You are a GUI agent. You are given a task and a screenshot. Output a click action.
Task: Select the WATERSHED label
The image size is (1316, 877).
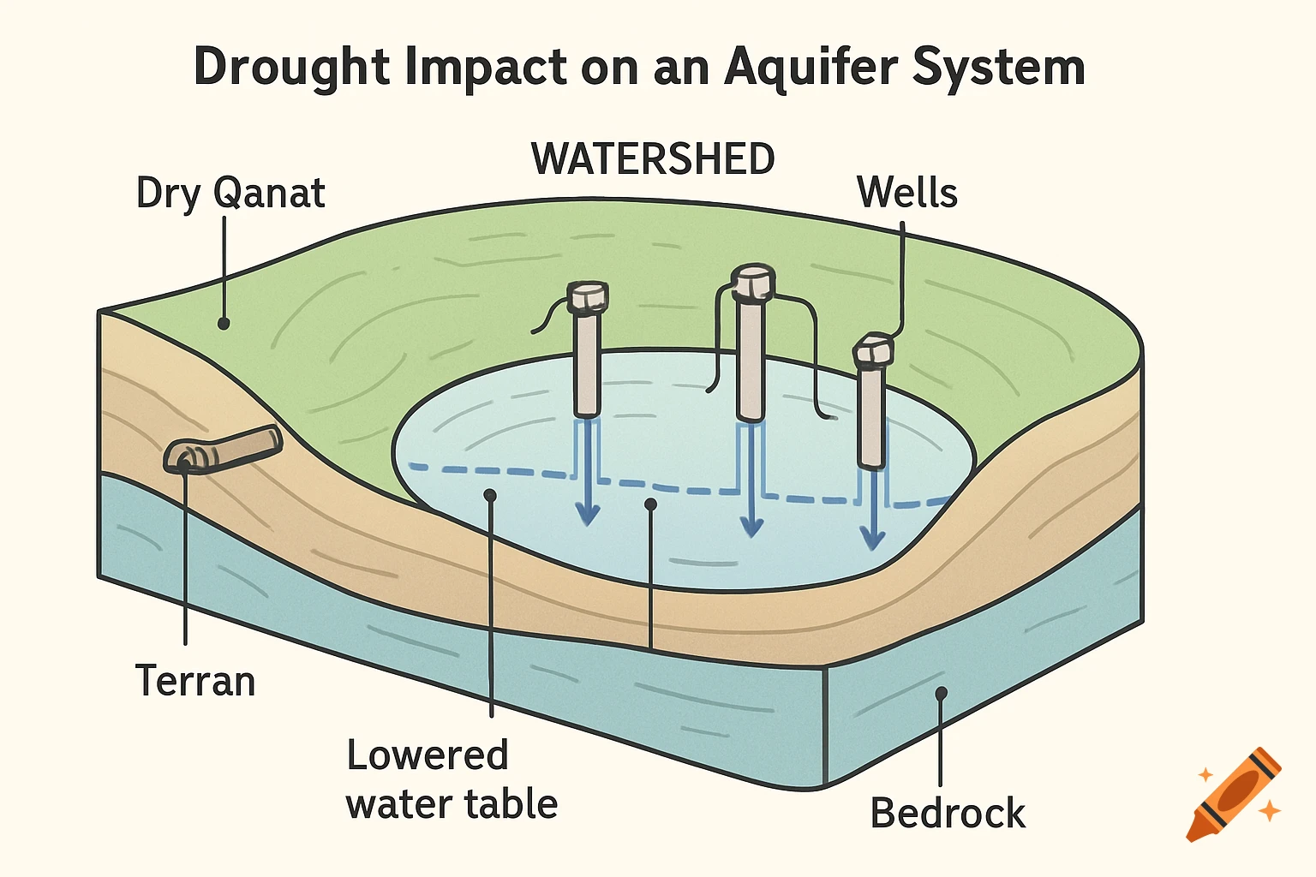coord(653,159)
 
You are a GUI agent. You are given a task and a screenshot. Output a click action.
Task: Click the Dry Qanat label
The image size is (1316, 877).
coord(230,193)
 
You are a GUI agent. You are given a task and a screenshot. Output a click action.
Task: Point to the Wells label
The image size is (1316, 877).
coord(906,193)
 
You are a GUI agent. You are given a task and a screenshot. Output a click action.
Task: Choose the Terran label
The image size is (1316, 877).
coord(195,682)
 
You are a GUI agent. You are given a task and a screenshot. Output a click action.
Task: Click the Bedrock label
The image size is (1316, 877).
coord(948,813)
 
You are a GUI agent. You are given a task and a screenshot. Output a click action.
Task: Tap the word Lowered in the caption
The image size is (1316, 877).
coord(428,755)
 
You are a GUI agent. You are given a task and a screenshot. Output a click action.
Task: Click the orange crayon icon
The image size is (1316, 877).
coord(1234,794)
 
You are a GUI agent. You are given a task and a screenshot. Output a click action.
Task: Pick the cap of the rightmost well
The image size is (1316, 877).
coord(873,350)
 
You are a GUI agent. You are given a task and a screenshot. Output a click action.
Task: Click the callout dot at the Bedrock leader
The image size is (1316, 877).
coord(941,692)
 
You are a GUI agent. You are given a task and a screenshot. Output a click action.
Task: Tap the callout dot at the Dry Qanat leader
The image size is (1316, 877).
coord(224,324)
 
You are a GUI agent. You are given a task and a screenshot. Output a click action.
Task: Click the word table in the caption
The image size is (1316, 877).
coord(511,804)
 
